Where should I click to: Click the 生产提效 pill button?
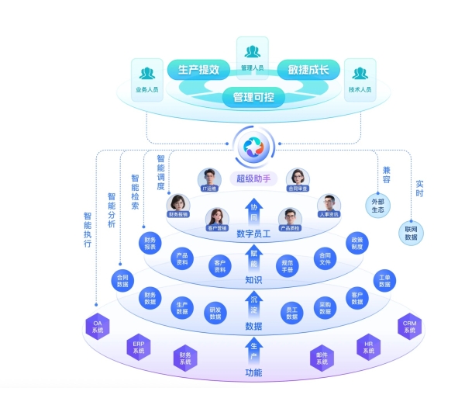199,70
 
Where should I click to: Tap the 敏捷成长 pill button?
308,70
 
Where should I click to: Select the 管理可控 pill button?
253,98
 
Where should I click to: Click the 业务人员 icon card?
146,78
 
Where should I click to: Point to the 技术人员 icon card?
360,78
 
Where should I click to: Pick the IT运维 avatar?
209,179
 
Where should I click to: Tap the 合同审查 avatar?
298,179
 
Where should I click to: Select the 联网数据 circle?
411,232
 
